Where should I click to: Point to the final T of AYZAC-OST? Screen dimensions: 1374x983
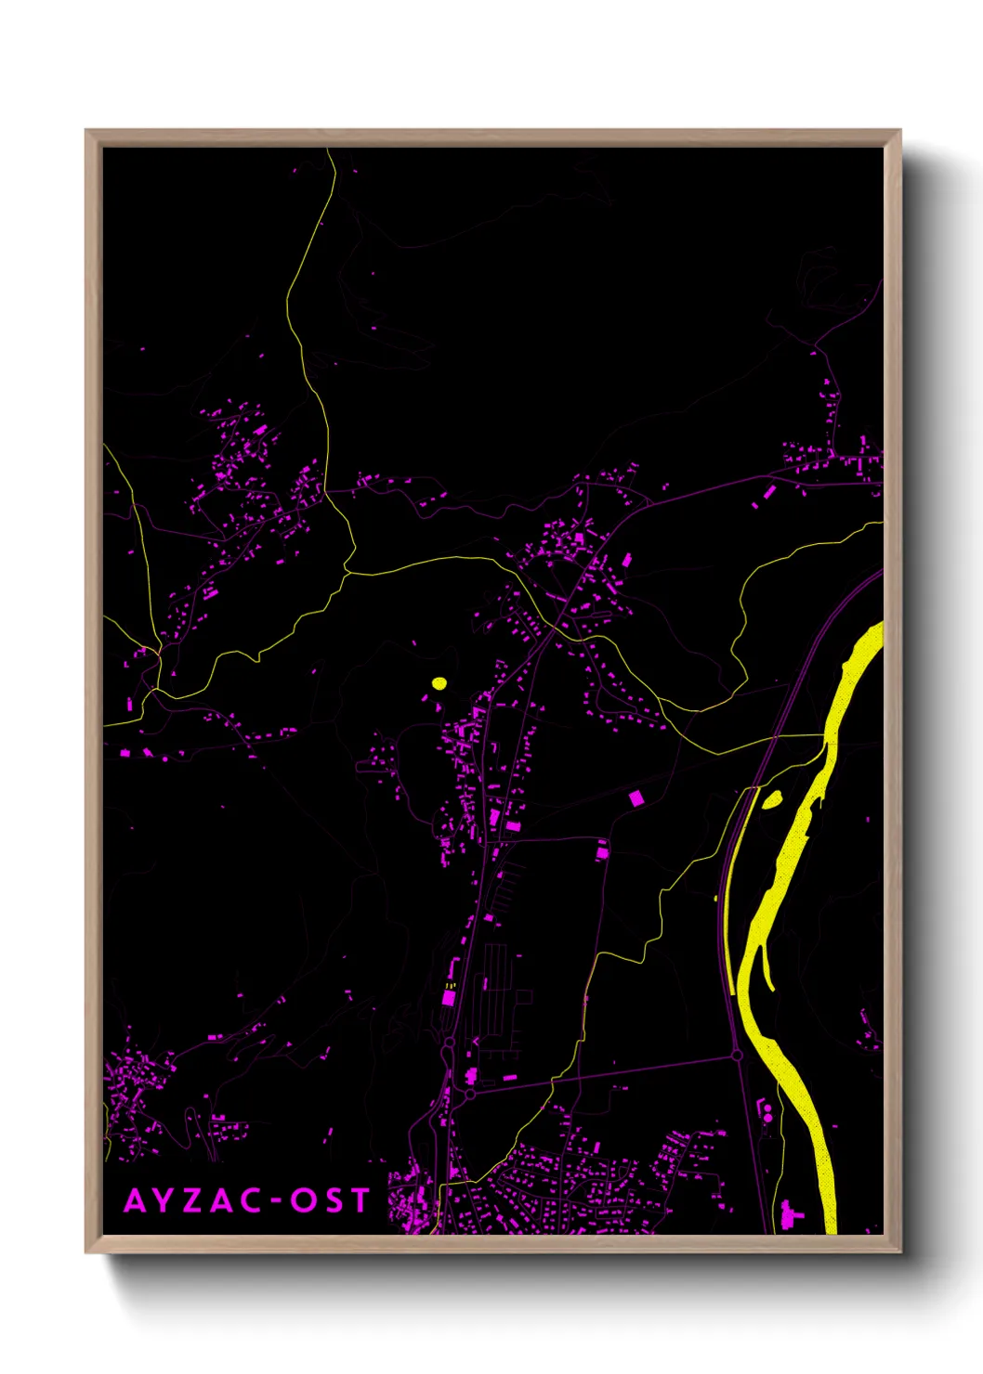coord(360,1200)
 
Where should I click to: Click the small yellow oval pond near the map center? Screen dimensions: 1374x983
coord(439,684)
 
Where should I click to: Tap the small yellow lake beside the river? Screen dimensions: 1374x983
coord(772,798)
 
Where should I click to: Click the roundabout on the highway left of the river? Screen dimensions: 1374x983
coord(737,1055)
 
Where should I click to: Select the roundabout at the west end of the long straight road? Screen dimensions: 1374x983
coord(470,1095)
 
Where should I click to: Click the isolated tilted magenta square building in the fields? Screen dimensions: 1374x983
coord(636,797)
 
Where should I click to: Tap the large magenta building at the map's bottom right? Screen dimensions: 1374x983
coord(792,1213)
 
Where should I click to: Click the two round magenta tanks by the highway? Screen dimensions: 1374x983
coord(767,1113)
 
